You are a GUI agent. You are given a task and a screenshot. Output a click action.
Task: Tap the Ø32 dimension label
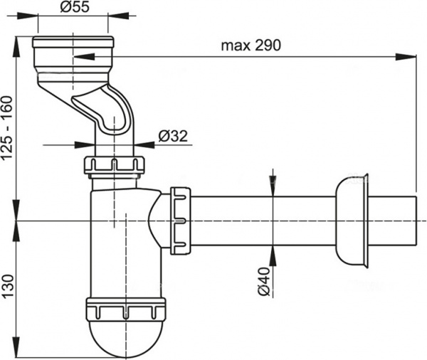pyautogui.click(x=172, y=136)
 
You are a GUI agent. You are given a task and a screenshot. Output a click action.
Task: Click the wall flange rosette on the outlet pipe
pyautogui.click(x=354, y=221)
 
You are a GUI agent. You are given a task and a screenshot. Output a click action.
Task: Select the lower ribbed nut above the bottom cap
pyautogui.click(x=125, y=311)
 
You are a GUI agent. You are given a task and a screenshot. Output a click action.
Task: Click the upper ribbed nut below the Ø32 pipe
pyautogui.click(x=113, y=166)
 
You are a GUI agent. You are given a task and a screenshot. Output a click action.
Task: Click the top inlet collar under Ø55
pyautogui.click(x=72, y=52)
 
